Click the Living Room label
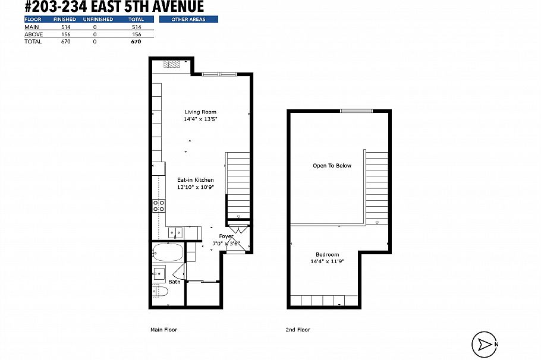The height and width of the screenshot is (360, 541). click(200, 112)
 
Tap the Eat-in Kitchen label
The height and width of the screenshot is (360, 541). click(196, 180)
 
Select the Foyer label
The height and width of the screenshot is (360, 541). click(226, 236)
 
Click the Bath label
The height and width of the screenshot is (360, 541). click(174, 282)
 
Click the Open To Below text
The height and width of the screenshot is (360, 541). click(332, 166)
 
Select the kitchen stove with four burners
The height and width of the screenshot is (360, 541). click(159, 206)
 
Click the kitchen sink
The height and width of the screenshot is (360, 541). click(175, 232)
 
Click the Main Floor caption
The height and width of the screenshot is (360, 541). click(163, 330)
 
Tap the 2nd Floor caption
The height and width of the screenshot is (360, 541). click(298, 330)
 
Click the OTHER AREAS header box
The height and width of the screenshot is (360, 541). click(188, 20)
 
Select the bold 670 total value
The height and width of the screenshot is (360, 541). click(136, 42)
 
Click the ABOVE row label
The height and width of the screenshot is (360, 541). click(33, 34)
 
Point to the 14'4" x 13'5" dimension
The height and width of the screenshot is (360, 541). click(200, 119)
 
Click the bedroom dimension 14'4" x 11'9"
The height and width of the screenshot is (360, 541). click(328, 261)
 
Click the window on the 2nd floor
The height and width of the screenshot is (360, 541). click(357, 110)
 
